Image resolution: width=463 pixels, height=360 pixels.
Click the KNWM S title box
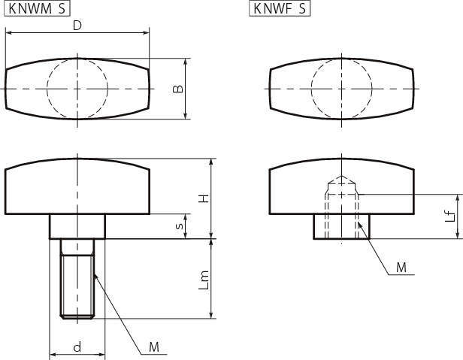(38, 8)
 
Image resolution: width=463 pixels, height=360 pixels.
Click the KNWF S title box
(280, 8)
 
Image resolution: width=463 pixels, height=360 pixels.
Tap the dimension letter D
(77, 26)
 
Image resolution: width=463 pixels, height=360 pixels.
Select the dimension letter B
(177, 89)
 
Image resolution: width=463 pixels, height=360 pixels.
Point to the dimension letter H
(204, 198)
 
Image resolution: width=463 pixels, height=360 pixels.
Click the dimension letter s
(179, 226)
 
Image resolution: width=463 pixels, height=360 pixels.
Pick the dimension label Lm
(204, 280)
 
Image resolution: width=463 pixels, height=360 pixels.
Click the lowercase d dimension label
(77, 346)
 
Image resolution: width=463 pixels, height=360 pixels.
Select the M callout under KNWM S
(154, 347)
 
